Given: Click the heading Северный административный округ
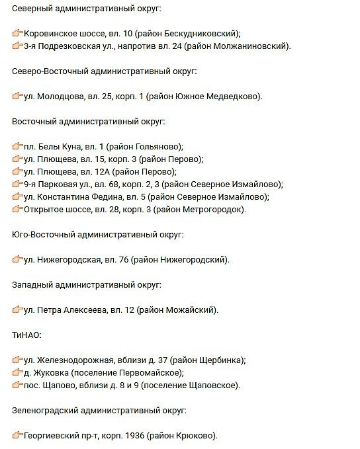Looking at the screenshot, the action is (x=86, y=8).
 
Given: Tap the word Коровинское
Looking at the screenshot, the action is (x=52, y=34).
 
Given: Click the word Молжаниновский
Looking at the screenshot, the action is (x=252, y=46).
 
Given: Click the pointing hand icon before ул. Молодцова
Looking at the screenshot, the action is (x=17, y=97).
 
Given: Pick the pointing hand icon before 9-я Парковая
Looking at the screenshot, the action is (x=17, y=184).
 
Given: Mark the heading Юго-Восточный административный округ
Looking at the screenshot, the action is (x=97, y=235).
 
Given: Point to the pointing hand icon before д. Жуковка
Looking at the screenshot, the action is (x=17, y=373).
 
